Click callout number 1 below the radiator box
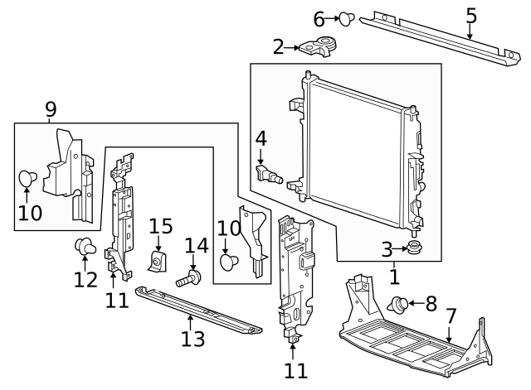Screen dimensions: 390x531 tap(393, 277)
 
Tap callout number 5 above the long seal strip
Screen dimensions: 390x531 tap(470, 15)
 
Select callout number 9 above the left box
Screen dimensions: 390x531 tap(51, 108)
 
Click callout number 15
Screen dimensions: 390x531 tap(160, 227)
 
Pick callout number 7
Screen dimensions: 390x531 tap(451, 315)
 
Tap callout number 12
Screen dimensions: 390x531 tap(85, 280)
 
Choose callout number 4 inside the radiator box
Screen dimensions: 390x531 tap(261, 138)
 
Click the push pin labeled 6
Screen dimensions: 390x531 tap(345, 18)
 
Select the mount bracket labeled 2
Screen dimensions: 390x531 tap(317, 47)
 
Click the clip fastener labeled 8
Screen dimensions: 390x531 tap(399, 306)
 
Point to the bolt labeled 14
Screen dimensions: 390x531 tap(189, 278)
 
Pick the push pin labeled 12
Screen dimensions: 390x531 tap(84, 246)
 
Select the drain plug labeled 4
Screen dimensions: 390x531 tap(271, 175)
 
